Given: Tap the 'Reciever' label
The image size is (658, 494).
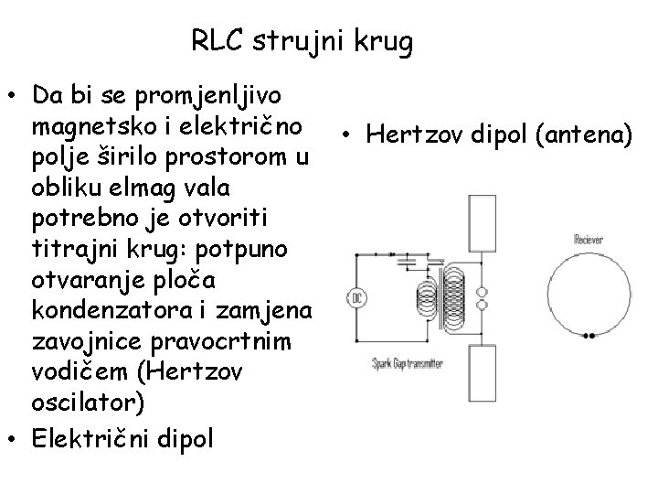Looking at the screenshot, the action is point(589,239).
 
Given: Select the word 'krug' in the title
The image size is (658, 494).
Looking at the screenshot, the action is point(387,42).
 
